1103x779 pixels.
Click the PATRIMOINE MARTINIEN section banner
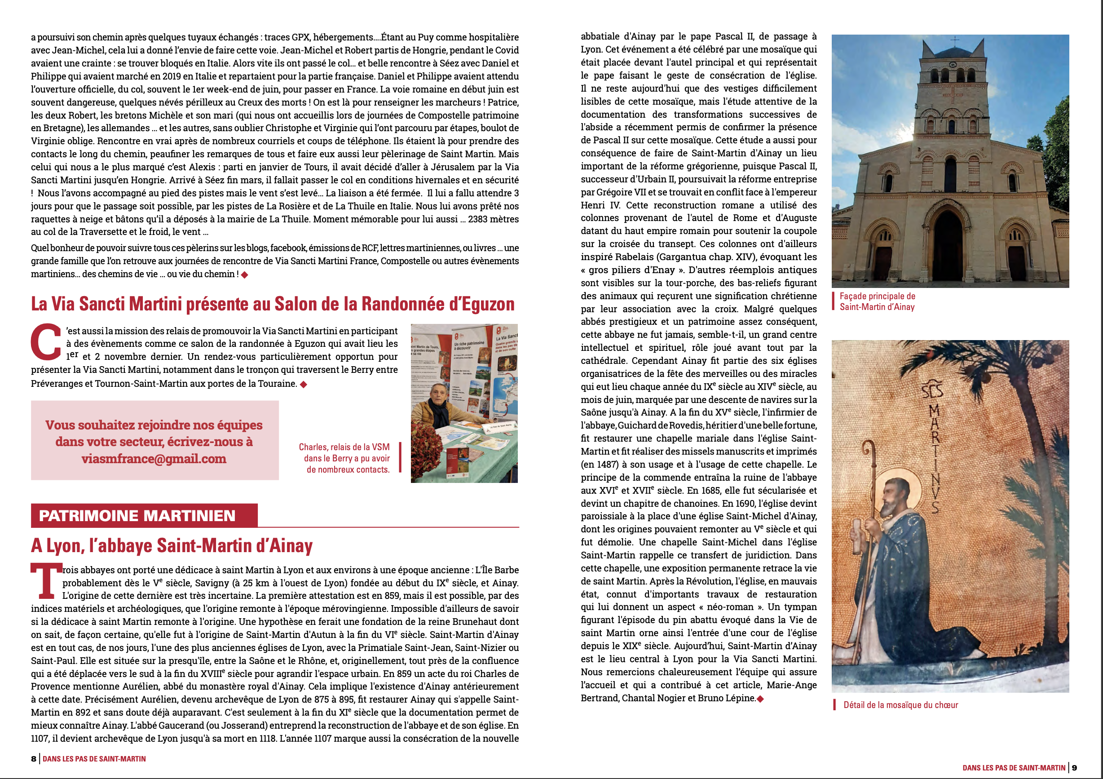point(137,516)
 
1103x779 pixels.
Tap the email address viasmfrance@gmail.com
point(154,459)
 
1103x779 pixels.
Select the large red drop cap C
point(46,342)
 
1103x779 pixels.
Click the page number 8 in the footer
point(34,759)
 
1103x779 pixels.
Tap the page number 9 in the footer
point(1075,768)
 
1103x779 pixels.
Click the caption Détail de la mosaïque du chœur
point(901,705)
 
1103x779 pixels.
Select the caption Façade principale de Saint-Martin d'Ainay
point(877,301)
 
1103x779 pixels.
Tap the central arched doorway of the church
point(948,245)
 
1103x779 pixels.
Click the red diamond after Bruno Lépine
point(760,699)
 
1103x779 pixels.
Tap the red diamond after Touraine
point(303,384)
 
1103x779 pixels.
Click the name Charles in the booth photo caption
point(313,447)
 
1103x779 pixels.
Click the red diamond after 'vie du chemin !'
point(244,274)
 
